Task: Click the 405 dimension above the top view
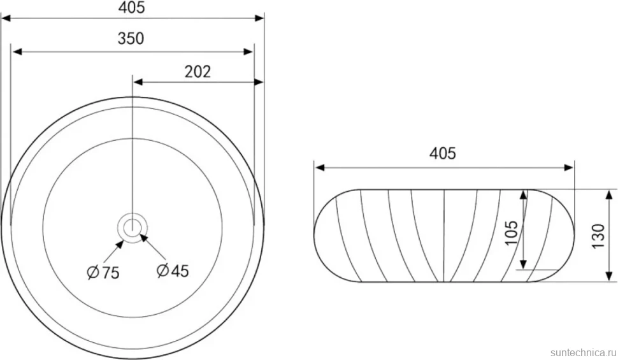tap(132, 8)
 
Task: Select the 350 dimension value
tap(131, 38)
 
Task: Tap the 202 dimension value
tap(198, 71)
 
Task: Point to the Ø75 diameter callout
tap(103, 272)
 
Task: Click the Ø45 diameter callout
tap(173, 271)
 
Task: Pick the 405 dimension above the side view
tap(442, 154)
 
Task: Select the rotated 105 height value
tap(511, 233)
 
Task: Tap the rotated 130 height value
tap(598, 236)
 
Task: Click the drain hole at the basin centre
tap(133, 227)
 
